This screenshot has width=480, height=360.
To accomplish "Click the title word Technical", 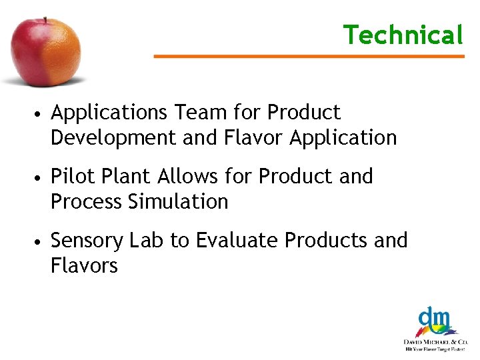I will [403, 35].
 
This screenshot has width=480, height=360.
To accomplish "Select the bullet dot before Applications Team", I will [41, 114].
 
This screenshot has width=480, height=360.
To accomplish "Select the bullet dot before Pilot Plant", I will [41, 178].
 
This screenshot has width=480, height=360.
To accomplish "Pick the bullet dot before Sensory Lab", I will [41, 241].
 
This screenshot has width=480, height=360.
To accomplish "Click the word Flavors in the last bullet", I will [84, 265].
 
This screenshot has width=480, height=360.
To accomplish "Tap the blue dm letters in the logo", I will [433, 317].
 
